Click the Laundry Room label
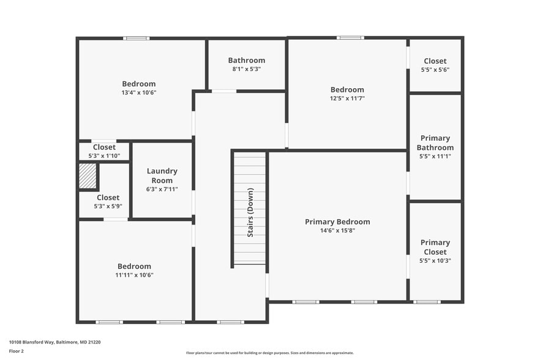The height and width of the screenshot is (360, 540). pyautogui.click(x=162, y=176)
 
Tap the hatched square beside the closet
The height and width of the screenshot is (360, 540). pyautogui.click(x=88, y=176)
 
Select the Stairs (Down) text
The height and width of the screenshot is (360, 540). pyautogui.click(x=250, y=212)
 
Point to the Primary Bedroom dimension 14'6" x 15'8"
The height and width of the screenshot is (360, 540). pyautogui.click(x=337, y=231)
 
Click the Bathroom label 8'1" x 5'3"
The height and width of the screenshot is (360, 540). pyautogui.click(x=247, y=69)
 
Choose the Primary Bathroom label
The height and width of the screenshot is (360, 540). pyautogui.click(x=435, y=143)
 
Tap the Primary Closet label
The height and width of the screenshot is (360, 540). pyautogui.click(x=435, y=247)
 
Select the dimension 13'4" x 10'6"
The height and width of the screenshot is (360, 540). pyautogui.click(x=139, y=93)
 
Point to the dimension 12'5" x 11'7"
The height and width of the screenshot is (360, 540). pyautogui.click(x=347, y=99)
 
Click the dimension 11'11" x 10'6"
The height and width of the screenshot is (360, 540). pyautogui.click(x=134, y=276)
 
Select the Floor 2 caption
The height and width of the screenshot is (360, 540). pyautogui.click(x=16, y=351)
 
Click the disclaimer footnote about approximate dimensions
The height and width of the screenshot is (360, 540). pyautogui.click(x=269, y=353)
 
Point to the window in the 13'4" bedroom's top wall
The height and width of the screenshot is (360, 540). pyautogui.click(x=136, y=39)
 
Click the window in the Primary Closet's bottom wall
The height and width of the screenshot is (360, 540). pyautogui.click(x=427, y=302)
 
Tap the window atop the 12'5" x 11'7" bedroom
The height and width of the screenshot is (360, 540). pyautogui.click(x=350, y=38)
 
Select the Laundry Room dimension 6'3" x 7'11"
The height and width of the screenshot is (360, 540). pyautogui.click(x=162, y=189)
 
